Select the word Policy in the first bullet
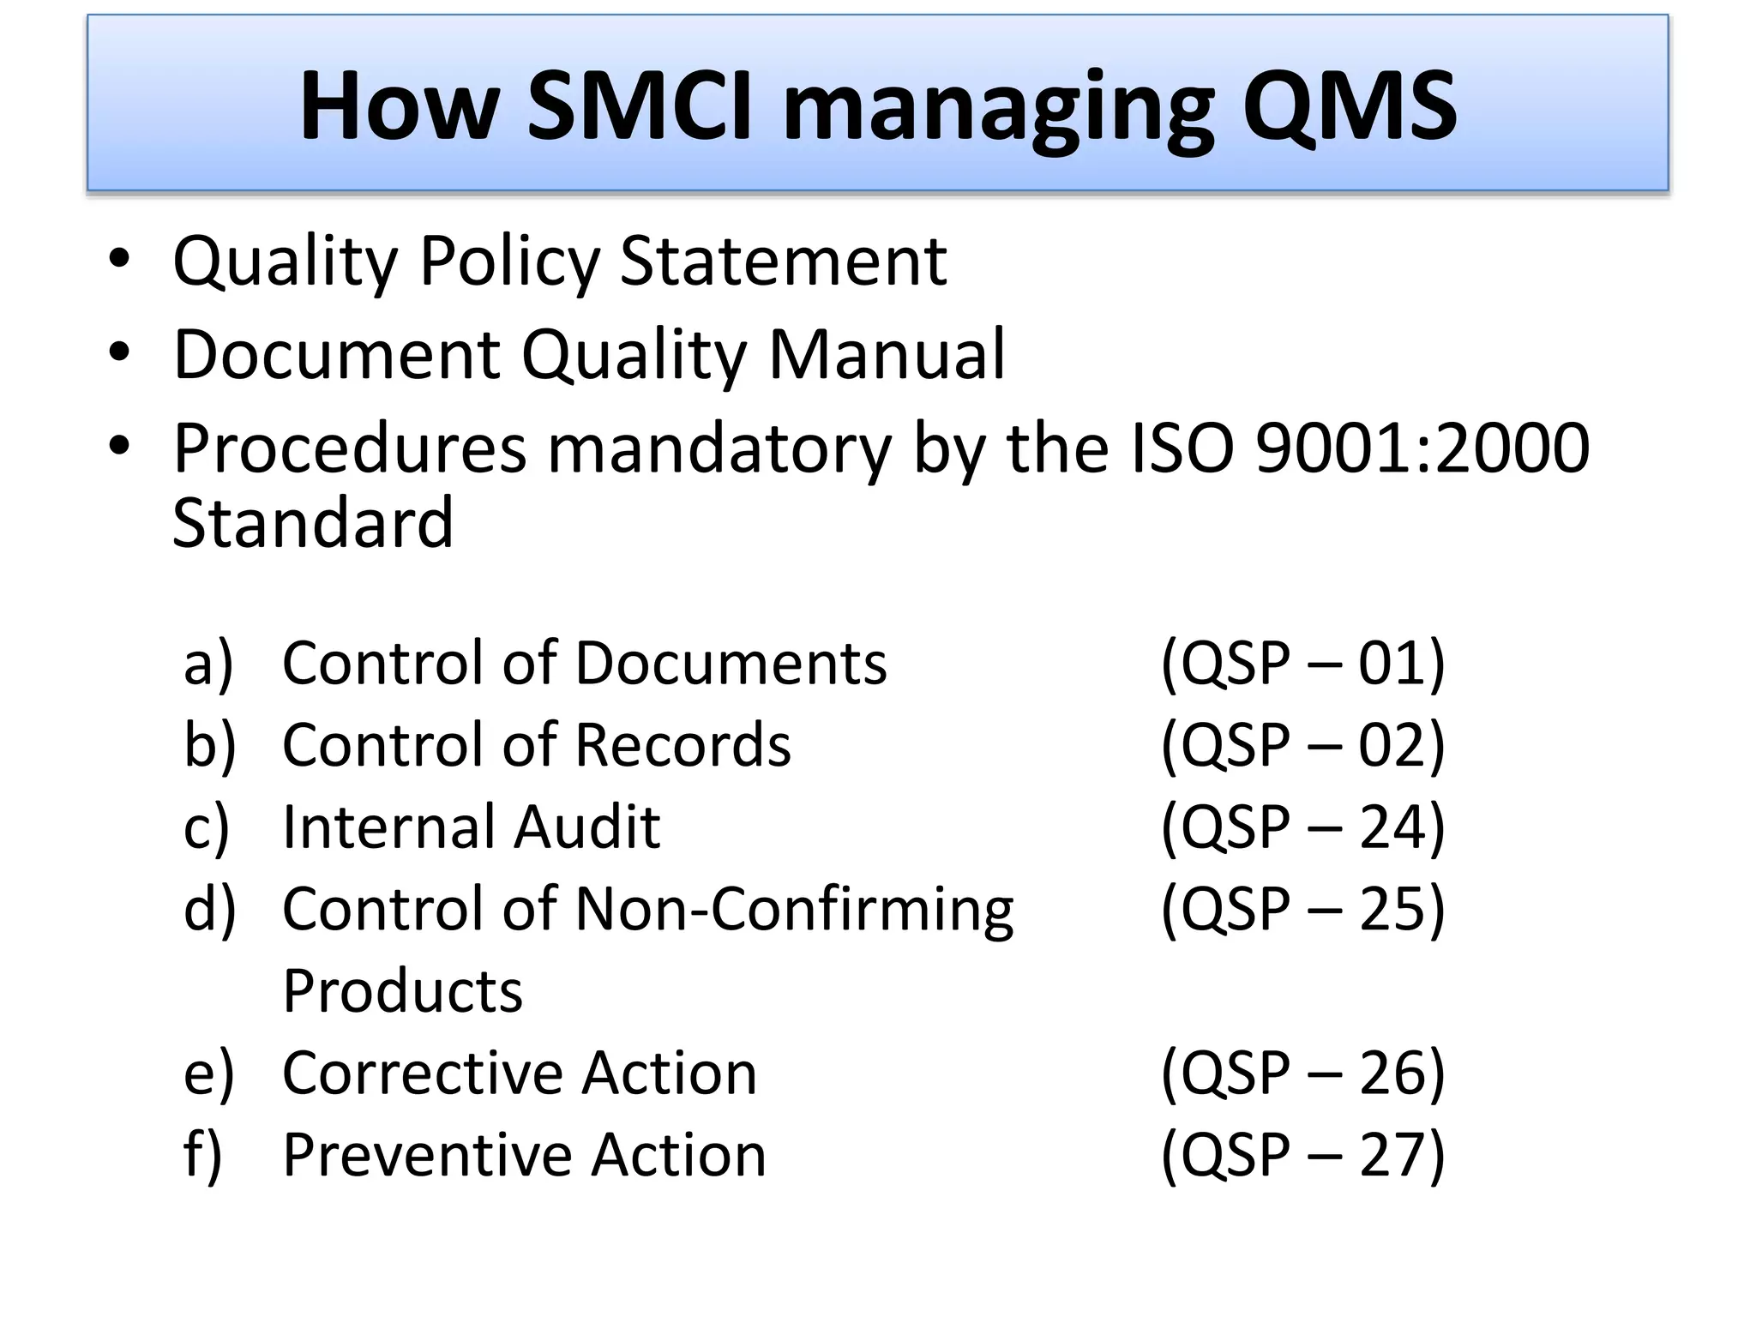(x=509, y=262)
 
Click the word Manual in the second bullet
(x=887, y=354)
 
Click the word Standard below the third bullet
(x=313, y=523)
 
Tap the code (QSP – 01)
(x=1302, y=663)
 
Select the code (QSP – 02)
(x=1302, y=745)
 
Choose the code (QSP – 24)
(x=1302, y=827)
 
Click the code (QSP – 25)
(x=1302, y=909)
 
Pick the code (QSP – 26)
(x=1302, y=1073)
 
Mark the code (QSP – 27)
(x=1302, y=1155)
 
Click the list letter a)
(x=208, y=664)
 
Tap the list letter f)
(x=202, y=1155)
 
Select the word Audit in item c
(x=587, y=827)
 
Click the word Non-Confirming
(x=794, y=909)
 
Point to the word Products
(x=402, y=991)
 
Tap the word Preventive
(x=427, y=1155)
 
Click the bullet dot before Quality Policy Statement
(x=119, y=258)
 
